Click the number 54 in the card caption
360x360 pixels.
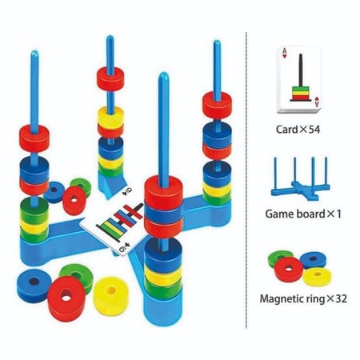coord(314,130)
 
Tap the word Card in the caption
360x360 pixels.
coord(286,130)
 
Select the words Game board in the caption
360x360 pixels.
coord(295,214)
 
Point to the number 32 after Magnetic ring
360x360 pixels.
coord(341,298)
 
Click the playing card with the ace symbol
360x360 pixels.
coord(298,80)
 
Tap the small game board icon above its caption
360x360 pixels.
coord(300,178)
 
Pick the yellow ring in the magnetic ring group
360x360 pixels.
coord(317,277)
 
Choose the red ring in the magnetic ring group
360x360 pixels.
coord(289,270)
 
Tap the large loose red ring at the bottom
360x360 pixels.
coord(66,298)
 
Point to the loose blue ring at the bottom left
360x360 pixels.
coord(34,285)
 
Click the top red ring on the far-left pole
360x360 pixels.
coord(34,138)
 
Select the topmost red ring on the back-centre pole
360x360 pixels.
coord(110,78)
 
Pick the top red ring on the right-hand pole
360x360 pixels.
coord(217,104)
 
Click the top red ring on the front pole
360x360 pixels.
coord(163,192)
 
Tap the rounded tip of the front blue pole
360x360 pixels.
coord(163,76)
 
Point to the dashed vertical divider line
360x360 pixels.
coord(246,180)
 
